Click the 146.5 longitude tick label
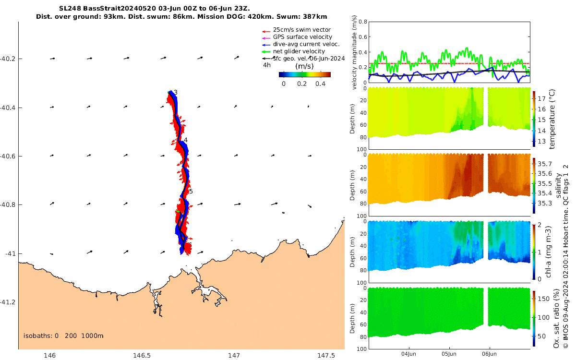[x=142, y=355]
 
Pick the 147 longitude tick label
[x=234, y=355]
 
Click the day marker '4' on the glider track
[x=185, y=140]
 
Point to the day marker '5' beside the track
[x=191, y=192]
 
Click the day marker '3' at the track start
[x=176, y=93]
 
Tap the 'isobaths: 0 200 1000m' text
[x=63, y=336]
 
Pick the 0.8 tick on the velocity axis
[x=363, y=22]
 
